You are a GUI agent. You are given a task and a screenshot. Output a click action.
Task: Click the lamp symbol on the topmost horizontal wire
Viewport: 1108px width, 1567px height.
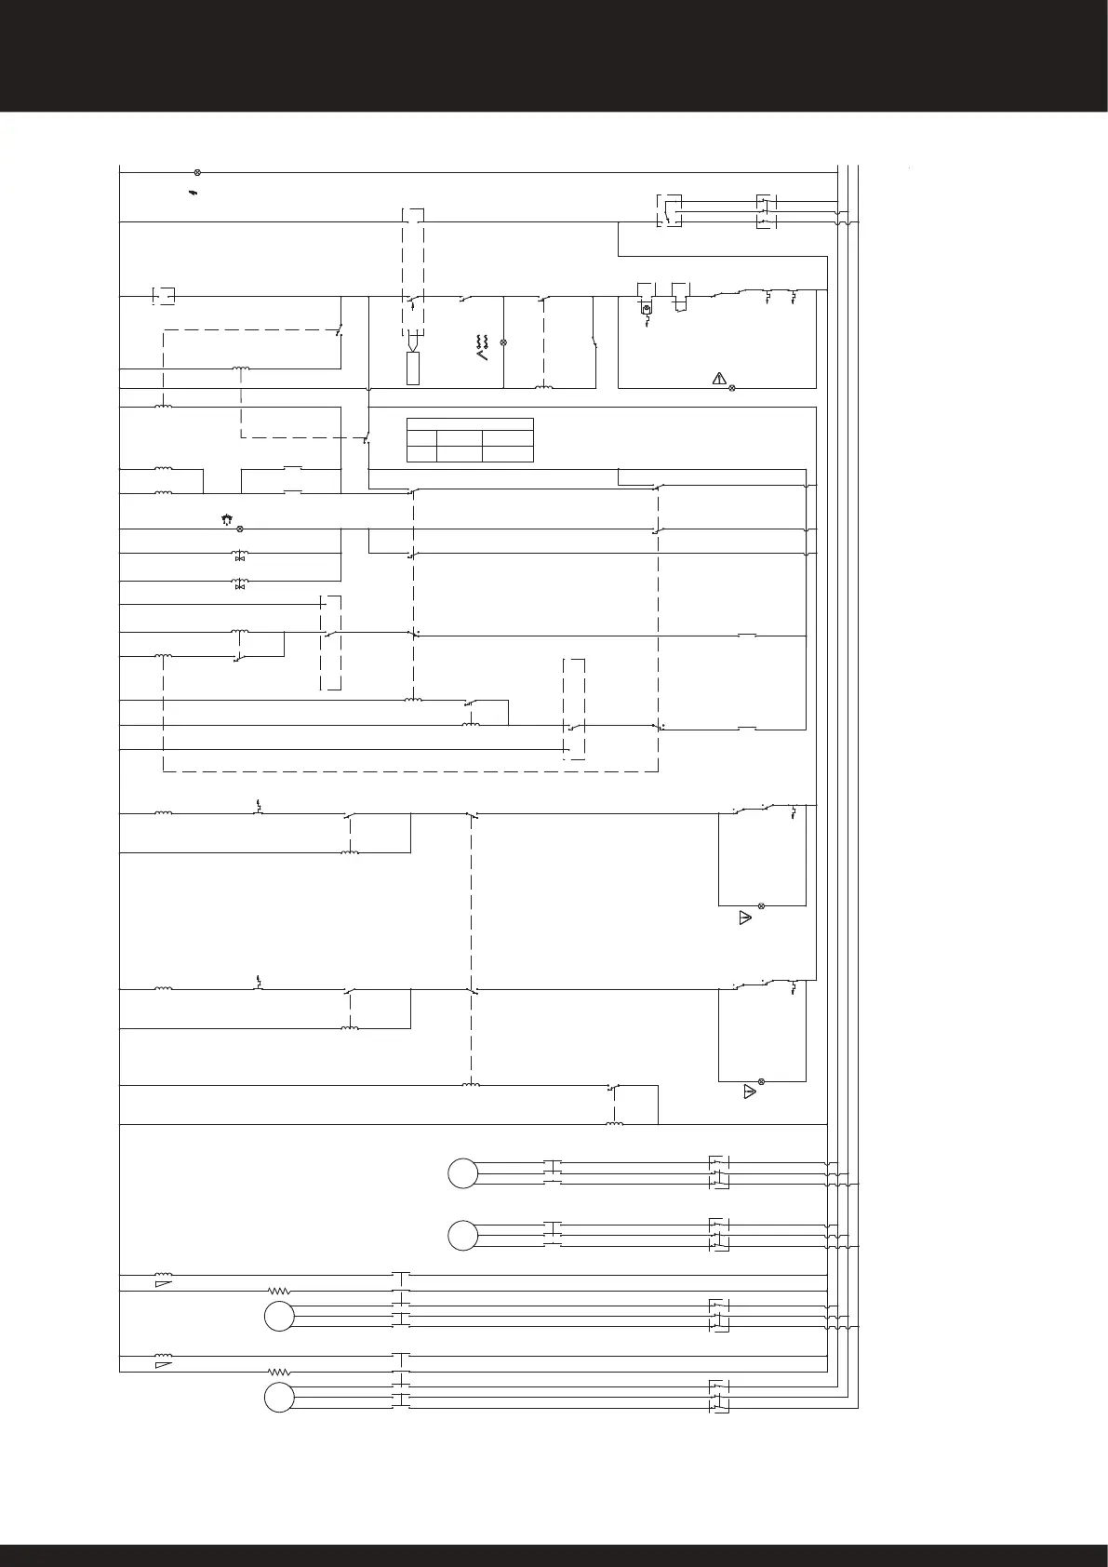197,172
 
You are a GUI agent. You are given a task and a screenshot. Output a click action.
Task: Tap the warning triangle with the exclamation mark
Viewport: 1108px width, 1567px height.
718,378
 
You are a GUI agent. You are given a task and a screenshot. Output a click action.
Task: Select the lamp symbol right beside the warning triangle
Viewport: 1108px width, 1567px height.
732,387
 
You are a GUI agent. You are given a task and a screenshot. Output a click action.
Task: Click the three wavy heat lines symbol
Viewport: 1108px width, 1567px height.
482,342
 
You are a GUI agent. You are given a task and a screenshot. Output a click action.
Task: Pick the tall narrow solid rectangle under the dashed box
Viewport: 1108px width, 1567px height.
413,368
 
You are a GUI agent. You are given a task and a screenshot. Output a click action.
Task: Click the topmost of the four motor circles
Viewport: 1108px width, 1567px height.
462,1173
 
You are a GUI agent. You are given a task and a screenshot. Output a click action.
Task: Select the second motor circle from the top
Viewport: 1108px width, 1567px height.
462,1236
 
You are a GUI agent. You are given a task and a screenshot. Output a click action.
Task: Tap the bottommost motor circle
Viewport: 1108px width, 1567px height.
278,1399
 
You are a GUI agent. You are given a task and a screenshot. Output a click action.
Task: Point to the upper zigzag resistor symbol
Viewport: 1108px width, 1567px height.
279,1291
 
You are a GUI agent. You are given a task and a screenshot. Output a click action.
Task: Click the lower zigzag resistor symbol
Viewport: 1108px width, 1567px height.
279,1372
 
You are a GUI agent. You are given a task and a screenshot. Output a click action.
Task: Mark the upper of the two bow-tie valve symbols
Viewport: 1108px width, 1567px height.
240,556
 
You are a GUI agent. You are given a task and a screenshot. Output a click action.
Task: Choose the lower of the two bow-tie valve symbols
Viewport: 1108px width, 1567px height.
240,584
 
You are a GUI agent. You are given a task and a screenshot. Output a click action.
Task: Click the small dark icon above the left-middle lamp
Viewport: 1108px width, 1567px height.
226,518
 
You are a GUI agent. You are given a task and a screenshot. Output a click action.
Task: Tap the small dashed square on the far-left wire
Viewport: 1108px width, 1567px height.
162,296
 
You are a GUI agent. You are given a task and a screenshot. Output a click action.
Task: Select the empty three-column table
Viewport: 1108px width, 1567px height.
470,440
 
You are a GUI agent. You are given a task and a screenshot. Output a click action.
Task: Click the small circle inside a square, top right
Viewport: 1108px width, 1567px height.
647,305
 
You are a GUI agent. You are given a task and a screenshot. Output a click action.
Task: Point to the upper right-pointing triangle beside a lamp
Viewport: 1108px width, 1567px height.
744,918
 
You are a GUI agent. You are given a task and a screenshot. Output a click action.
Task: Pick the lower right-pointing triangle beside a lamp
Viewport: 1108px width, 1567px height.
749,1092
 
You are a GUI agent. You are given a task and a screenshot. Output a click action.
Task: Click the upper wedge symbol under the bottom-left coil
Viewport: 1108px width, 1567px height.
162,1284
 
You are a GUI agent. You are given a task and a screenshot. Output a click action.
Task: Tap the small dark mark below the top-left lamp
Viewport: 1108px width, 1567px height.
193,193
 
